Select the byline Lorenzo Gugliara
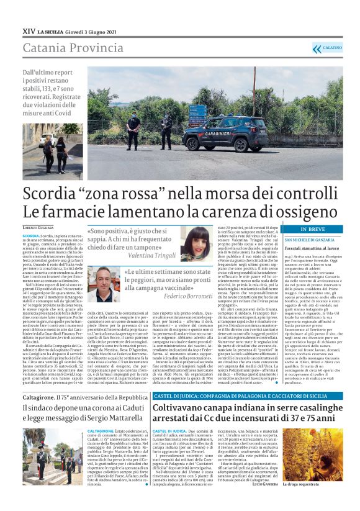[x=38, y=229]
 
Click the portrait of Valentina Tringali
[x=194, y=243]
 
